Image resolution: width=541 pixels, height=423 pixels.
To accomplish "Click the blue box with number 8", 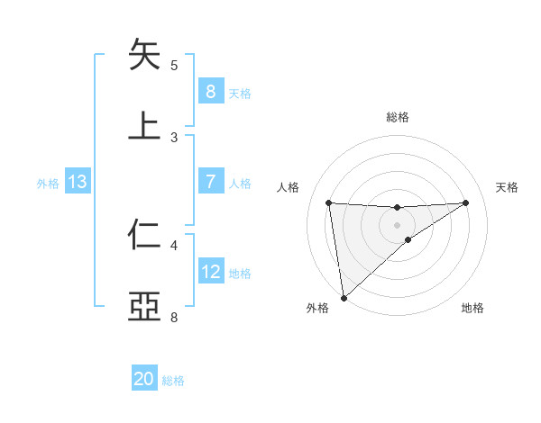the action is pos(210,91).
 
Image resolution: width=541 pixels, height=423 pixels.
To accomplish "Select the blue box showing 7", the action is pos(210,182).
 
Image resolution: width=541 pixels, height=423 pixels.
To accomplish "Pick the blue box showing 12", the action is pos(210,272).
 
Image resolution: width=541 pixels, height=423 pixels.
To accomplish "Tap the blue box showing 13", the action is pos(78,182).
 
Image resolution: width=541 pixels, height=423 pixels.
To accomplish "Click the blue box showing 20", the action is pos(144,379).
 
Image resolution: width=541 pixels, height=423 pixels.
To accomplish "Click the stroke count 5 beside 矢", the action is pos(174,66).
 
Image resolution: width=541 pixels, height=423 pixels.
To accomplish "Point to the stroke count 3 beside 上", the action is pos(174,138).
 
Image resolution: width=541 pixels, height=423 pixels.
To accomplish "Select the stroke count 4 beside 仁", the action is pos(174,245).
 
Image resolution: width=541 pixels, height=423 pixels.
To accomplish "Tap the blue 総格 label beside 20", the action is pos(173,381).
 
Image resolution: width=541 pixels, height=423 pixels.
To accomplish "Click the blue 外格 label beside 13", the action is pos(48,184).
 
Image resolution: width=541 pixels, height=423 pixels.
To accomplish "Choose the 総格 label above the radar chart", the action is pos(397,117).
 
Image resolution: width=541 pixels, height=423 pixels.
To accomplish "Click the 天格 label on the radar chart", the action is pos(508,187).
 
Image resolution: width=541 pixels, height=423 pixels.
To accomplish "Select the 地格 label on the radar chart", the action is pos(472,309).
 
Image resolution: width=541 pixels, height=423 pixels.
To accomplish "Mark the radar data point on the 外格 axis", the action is pos(344,297).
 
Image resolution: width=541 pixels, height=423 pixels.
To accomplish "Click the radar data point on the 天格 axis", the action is pos(465,202).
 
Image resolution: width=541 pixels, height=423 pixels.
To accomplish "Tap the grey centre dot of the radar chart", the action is pos(397,224).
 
